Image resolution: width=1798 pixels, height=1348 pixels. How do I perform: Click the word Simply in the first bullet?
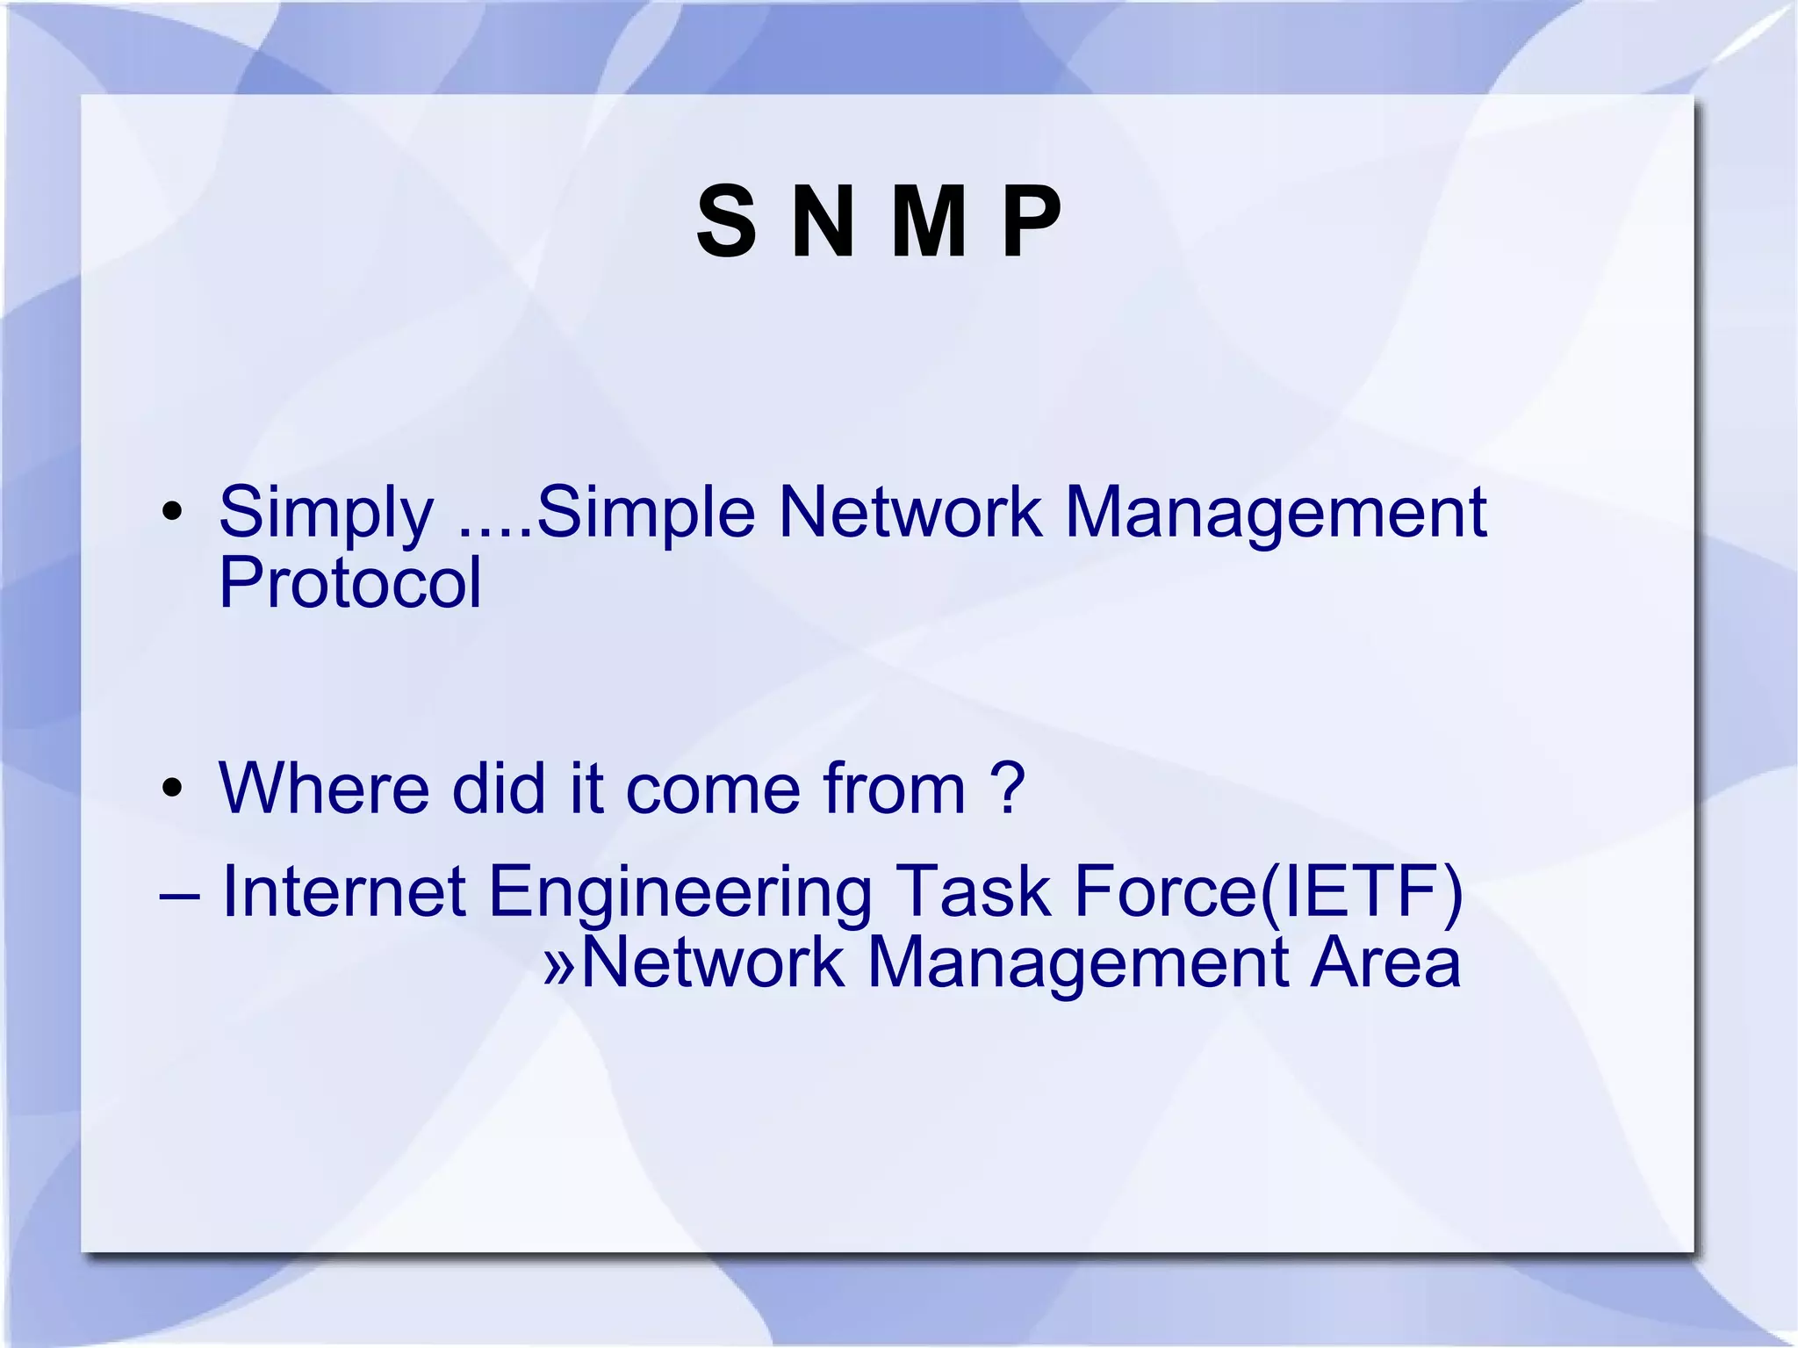pyautogui.click(x=326, y=514)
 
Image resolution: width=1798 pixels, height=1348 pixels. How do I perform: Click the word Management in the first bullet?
pyautogui.click(x=1275, y=514)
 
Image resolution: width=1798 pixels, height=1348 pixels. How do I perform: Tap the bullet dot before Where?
pyautogui.click(x=172, y=788)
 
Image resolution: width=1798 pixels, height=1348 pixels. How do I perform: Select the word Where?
pyautogui.click(x=324, y=788)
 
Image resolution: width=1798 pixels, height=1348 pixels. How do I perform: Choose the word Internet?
pyautogui.click(x=343, y=891)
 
